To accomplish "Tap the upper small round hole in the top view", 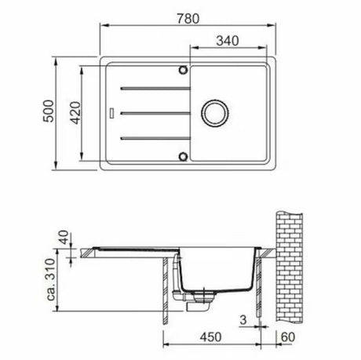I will [x=184, y=71].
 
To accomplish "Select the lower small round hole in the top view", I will [x=184, y=154].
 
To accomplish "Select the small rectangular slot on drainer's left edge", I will [x=114, y=112].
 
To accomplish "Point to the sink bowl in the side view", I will [x=216, y=275].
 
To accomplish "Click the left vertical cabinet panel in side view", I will [x=164, y=294].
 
